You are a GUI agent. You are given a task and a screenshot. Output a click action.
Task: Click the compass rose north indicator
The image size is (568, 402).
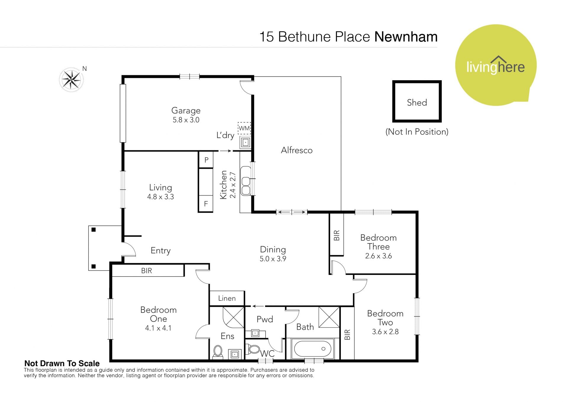pyautogui.click(x=71, y=79)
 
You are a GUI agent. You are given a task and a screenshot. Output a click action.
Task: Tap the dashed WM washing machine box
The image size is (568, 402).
pyautogui.click(x=244, y=128)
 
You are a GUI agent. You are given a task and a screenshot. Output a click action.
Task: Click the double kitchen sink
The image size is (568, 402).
pyautogui.click(x=245, y=181)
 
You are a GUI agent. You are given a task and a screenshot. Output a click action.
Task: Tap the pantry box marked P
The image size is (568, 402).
pyautogui.click(x=206, y=160)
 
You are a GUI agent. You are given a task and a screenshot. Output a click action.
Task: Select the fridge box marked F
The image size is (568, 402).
pyautogui.click(x=206, y=204)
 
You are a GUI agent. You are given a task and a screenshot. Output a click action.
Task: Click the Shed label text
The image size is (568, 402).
pyautogui.click(x=417, y=102)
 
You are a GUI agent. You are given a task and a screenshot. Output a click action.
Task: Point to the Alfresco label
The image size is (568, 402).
pyautogui.click(x=297, y=150)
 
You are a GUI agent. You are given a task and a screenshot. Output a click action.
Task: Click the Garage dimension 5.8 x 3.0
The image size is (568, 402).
pyautogui.click(x=186, y=120)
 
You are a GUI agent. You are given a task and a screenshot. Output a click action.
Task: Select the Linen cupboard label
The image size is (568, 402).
pyautogui.click(x=227, y=298)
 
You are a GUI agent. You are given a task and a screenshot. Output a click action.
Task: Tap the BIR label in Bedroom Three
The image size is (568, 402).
pyautogui.click(x=337, y=236)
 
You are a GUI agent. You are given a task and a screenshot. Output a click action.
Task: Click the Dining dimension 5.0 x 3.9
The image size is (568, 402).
pyautogui.click(x=273, y=259)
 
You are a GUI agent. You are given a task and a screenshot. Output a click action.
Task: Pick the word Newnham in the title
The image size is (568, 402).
pyautogui.click(x=406, y=37)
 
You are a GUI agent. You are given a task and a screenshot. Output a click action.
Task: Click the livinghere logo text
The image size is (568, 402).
pyautogui.click(x=496, y=67)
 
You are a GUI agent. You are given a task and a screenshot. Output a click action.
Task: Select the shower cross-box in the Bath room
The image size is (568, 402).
pyautogui.click(x=329, y=317)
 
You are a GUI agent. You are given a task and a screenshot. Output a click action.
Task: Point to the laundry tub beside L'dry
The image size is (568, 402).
pyautogui.click(x=246, y=142)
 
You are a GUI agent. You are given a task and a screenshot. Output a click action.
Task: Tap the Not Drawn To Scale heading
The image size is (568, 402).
pyautogui.click(x=62, y=363)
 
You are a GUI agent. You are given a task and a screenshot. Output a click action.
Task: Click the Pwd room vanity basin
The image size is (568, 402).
pyautogui.click(x=255, y=333)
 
